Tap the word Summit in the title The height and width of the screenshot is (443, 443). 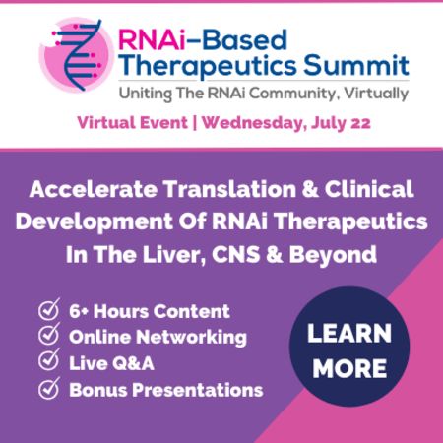click(359, 65)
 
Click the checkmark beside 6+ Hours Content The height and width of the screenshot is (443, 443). click(48, 311)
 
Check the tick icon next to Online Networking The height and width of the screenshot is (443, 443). click(48, 337)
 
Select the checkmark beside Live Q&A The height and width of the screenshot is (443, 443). click(48, 362)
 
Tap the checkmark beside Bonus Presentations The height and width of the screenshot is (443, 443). click(48, 389)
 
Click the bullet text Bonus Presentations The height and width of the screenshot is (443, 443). click(165, 389)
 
